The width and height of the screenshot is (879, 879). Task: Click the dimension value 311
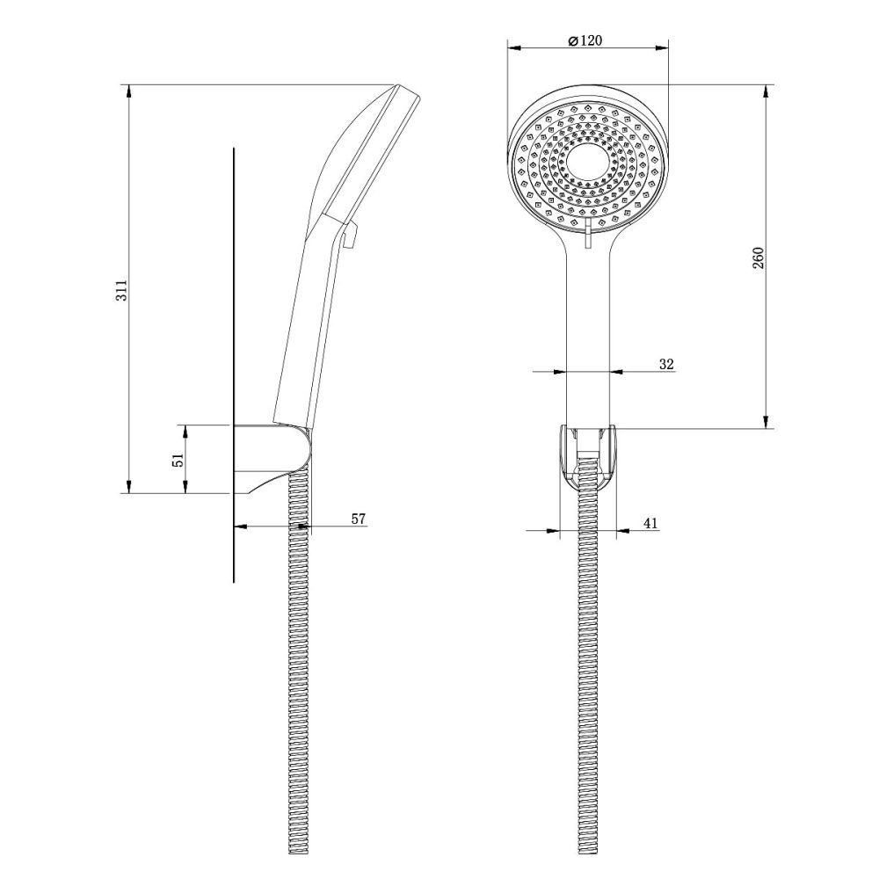(124, 290)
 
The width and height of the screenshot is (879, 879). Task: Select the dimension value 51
(178, 459)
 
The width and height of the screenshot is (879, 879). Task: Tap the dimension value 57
(358, 519)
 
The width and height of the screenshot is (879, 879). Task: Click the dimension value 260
(759, 258)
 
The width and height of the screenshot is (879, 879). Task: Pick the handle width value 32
(665, 363)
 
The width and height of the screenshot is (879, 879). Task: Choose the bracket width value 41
(650, 523)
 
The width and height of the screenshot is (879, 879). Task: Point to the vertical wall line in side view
(235, 352)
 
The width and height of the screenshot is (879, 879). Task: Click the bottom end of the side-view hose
(300, 848)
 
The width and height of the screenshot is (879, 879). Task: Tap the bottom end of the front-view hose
(588, 848)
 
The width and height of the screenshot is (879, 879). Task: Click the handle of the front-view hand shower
(588, 334)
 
